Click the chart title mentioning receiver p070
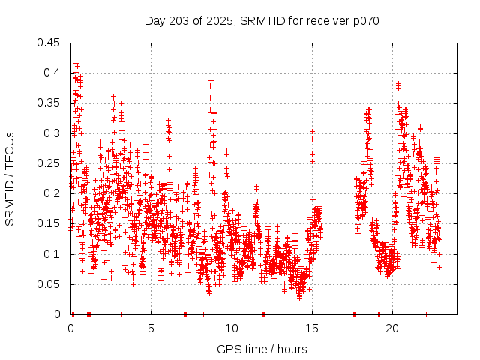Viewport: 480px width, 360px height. pos(262,21)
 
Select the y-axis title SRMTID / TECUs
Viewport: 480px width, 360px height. pos(10,178)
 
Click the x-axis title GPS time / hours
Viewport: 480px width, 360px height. pos(262,349)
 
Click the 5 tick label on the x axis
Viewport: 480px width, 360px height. pos(151,328)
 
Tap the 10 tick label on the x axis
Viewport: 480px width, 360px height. pos(232,328)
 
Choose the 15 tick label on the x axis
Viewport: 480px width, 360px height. pos(312,328)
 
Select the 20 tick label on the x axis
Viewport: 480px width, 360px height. pos(392,328)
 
